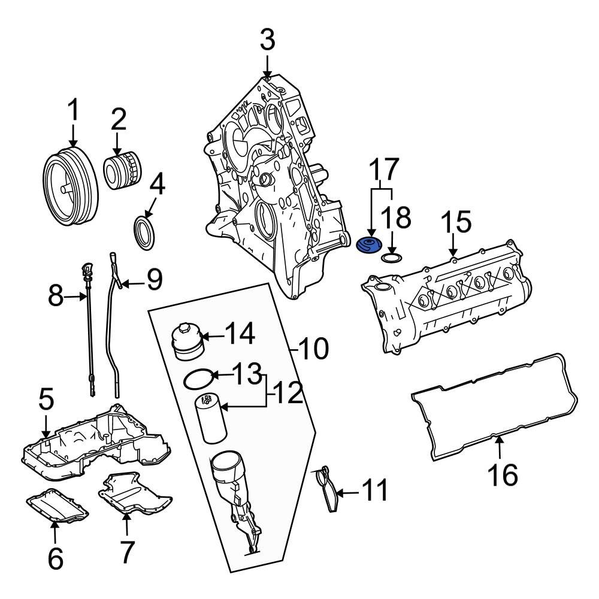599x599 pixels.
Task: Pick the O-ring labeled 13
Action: pos(198,379)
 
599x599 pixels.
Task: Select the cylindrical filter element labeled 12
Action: pos(211,418)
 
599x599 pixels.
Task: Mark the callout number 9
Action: pos(155,280)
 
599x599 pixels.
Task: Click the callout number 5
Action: pos(47,400)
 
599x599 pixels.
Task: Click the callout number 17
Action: pos(382,171)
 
